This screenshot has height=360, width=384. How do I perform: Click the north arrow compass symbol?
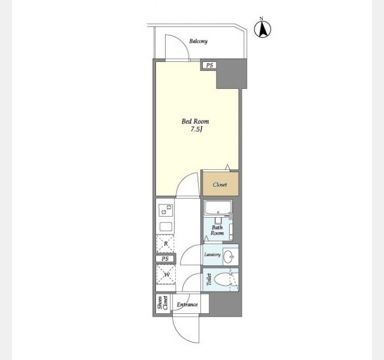click(x=263, y=29)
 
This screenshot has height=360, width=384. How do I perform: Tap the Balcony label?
click(x=198, y=41)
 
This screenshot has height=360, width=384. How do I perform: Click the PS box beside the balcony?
click(x=209, y=65)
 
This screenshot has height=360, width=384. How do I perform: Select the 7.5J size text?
click(x=196, y=130)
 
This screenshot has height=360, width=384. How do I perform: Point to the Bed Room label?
click(x=195, y=121)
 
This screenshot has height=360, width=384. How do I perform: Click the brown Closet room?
click(x=220, y=184)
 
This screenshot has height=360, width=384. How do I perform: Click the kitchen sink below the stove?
click(x=166, y=227)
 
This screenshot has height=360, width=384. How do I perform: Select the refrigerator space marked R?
click(x=166, y=244)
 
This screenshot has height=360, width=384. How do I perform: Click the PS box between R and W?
click(x=166, y=259)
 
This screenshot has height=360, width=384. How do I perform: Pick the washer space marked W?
click(x=166, y=274)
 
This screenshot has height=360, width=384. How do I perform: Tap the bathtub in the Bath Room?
click(x=218, y=208)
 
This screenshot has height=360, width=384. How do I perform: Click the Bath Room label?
click(x=217, y=230)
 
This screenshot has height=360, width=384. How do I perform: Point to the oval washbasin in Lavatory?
click(x=229, y=256)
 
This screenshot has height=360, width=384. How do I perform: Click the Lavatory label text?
click(x=212, y=254)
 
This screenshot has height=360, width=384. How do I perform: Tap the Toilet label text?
click(x=209, y=280)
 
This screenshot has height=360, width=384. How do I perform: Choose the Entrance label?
click(x=187, y=305)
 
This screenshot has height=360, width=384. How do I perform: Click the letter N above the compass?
click(x=262, y=19)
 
